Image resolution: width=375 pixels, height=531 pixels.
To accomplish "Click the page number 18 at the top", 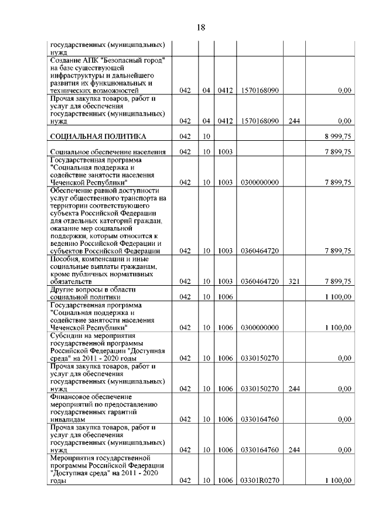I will [x=200, y=28].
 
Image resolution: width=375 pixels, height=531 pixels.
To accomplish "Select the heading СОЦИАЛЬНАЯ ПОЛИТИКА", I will [x=98, y=137].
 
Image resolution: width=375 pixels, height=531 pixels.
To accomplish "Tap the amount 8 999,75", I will [x=337, y=137].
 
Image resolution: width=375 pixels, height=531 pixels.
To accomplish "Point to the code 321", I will [x=294, y=282].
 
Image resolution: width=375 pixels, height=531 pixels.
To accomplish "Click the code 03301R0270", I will [x=259, y=480].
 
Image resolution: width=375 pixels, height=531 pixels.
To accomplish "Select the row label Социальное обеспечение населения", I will [x=107, y=152].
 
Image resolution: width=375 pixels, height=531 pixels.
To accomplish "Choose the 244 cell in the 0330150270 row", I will [x=294, y=388].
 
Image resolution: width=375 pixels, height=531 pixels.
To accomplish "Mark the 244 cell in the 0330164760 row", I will [x=294, y=449].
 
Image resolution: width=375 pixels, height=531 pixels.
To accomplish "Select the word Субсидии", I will [x=66, y=335].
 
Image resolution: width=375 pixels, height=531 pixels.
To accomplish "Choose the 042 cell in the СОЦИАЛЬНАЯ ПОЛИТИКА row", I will [x=186, y=137].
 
